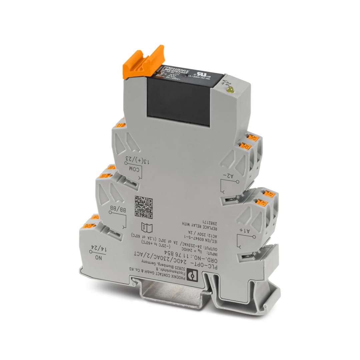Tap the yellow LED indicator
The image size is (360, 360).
coord(230,89)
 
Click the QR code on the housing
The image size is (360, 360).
coord(144,207)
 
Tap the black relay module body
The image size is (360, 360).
coord(180,100)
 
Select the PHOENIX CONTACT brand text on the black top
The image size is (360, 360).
coord(174,70)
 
